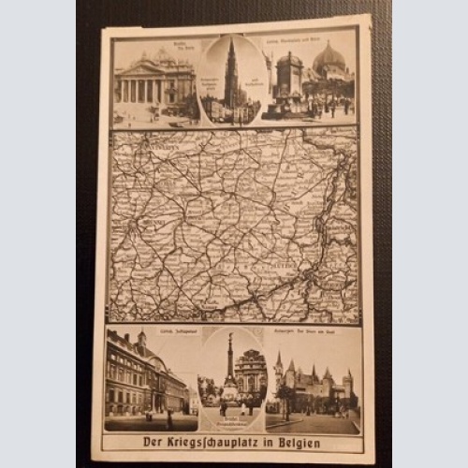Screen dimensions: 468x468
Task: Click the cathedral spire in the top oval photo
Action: click(x=230, y=70)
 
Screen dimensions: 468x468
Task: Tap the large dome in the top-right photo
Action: click(x=328, y=59)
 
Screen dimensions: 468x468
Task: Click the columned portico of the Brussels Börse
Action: click(x=150, y=90)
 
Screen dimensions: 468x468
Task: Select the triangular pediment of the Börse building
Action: click(x=150, y=69)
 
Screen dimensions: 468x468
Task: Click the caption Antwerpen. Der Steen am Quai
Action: click(x=314, y=334)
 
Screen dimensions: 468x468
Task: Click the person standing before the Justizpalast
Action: click(x=168, y=416)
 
